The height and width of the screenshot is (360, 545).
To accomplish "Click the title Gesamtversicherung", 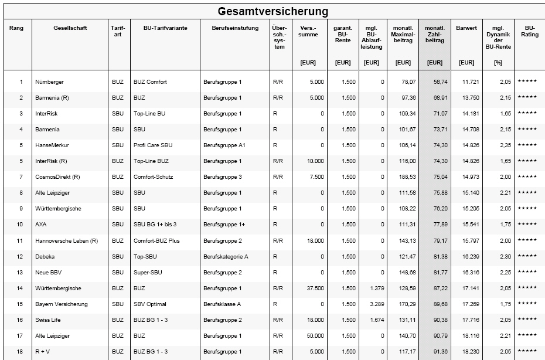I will [x=272, y=11].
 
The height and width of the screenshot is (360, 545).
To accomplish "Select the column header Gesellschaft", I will [x=70, y=29].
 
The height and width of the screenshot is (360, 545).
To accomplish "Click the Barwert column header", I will [x=466, y=29].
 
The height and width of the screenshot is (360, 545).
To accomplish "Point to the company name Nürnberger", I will [x=49, y=82].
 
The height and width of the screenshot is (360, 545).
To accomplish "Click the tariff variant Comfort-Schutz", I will [x=154, y=177].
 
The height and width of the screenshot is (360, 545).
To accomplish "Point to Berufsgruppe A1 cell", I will [x=223, y=145].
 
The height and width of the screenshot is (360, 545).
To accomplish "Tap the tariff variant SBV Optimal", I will [x=150, y=304].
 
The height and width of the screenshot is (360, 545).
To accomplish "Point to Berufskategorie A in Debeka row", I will [x=226, y=257].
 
